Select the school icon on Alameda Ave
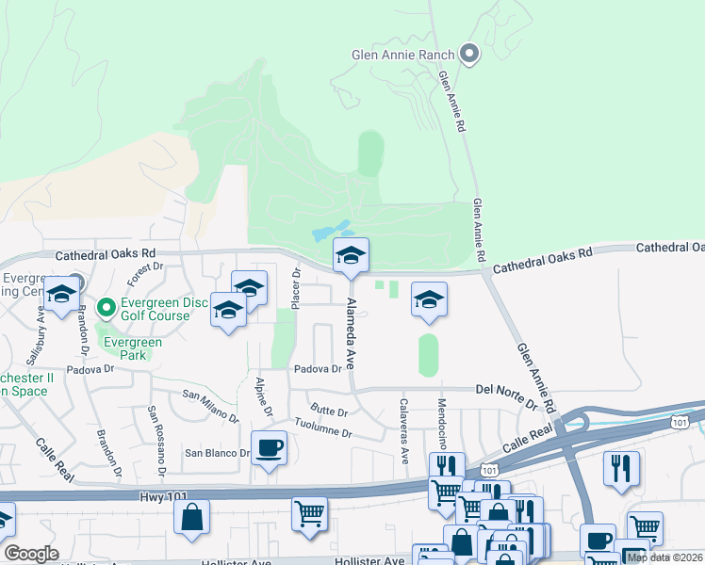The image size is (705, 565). [351, 256]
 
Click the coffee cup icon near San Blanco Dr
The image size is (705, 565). [269, 447]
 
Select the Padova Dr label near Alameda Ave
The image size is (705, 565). [317, 369]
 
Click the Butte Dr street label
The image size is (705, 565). [330, 412]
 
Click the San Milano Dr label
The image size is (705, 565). [211, 400]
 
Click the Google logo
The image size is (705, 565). [31, 554]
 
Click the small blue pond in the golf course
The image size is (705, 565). [331, 231]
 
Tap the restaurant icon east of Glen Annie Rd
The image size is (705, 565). [621, 467]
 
